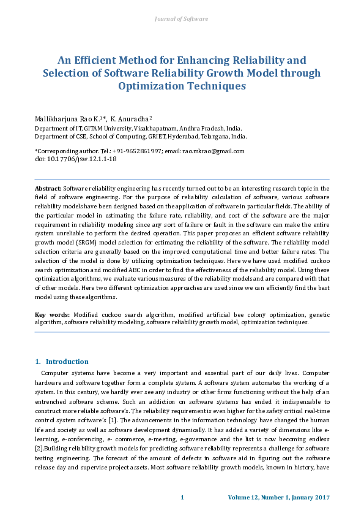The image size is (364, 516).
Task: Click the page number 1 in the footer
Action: [x=182, y=497]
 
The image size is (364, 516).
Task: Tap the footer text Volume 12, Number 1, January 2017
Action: [x=278, y=497]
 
